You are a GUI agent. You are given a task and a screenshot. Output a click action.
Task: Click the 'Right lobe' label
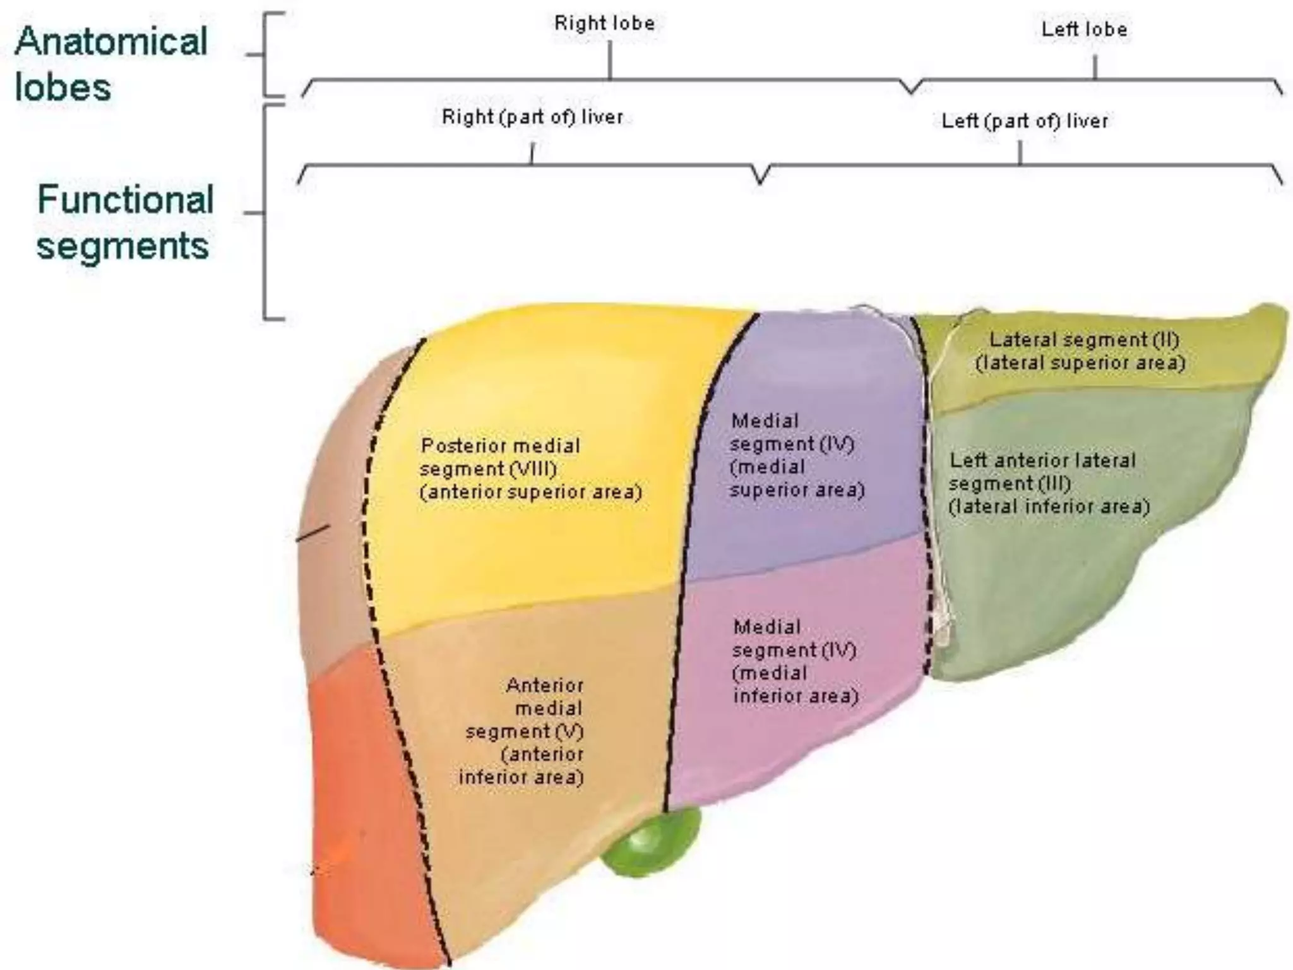click(x=604, y=23)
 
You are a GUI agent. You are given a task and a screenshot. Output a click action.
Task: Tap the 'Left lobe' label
click(x=1084, y=29)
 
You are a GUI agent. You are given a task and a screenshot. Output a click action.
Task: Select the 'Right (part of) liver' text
click(x=532, y=117)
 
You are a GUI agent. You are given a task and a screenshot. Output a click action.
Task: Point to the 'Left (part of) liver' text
click(x=1024, y=121)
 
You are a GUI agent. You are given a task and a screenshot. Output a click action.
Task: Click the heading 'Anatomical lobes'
click(x=110, y=63)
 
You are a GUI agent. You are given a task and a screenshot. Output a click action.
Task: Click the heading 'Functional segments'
click(x=124, y=221)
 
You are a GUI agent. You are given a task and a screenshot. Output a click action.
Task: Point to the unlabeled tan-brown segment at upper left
click(x=335, y=505)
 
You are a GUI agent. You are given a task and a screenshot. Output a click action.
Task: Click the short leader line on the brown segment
click(x=313, y=532)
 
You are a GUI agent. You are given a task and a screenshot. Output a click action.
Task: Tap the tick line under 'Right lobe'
click(x=609, y=60)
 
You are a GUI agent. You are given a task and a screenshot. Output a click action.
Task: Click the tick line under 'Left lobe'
click(x=1095, y=66)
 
